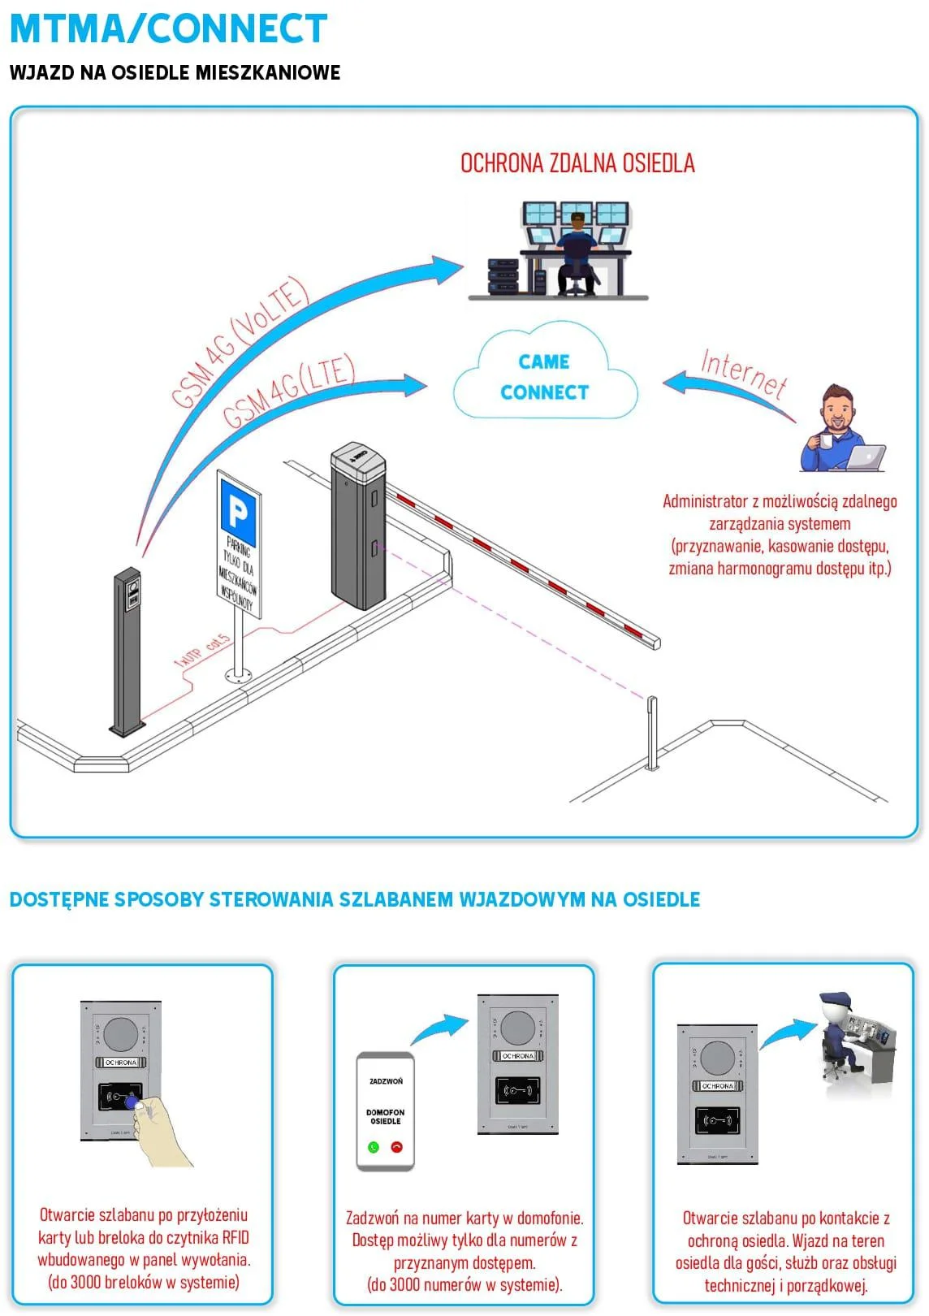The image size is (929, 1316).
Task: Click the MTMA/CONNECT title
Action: coord(168,29)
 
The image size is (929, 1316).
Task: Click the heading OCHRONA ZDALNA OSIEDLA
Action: coord(577,163)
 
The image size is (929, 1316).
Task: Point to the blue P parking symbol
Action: coord(238,513)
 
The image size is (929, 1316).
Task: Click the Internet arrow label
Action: coord(743,373)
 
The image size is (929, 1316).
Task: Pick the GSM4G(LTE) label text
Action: coord(289,391)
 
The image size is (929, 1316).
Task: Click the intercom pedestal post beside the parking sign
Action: coord(127,650)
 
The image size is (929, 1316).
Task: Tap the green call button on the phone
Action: coord(374,1147)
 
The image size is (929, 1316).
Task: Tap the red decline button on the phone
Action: coord(397,1147)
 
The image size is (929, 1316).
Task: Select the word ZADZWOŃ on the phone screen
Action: coord(386,1081)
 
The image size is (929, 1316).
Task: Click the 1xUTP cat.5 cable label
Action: coord(202,651)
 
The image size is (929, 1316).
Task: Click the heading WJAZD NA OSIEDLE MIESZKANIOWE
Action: coord(175,72)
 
